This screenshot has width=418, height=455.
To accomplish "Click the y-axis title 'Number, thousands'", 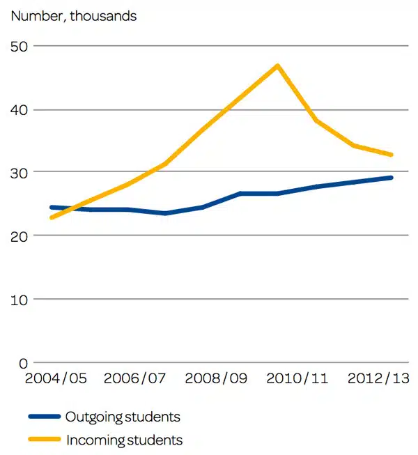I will tap(73, 16).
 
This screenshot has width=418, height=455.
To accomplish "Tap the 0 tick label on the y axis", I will tap(24, 362).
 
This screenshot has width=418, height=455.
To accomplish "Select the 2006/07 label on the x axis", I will tap(135, 379).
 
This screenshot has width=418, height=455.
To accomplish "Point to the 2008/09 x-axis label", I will tap(216, 379).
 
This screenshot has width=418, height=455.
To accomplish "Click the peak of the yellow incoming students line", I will tap(277, 66).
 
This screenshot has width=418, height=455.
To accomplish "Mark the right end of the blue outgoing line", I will tap(392, 178).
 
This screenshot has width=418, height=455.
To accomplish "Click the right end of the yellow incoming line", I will tap(392, 155).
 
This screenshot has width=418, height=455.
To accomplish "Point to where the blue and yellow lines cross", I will tap(72, 208).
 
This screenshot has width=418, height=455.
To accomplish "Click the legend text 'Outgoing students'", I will tap(123, 417).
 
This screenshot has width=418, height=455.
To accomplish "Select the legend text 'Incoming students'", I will tap(124, 440).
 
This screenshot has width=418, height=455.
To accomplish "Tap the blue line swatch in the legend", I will tap(45, 417).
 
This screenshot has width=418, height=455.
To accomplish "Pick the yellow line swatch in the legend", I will tap(45, 440).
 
